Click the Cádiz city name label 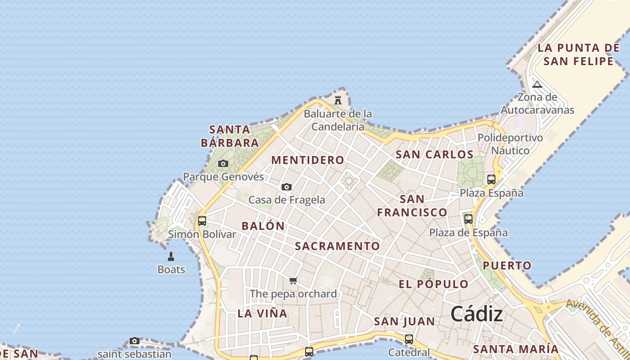477,314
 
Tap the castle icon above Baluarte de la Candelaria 338,100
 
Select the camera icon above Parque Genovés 223,164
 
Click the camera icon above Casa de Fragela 287,187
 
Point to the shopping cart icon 293,281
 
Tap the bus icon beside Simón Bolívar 202,221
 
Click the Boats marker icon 171,256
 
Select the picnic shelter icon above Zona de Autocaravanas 537,84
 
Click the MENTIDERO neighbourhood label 308,160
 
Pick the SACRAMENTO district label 337,246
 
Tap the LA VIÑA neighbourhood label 262,314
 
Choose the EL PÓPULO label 434,284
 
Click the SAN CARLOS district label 434,155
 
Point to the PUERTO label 507,265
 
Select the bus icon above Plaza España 491,180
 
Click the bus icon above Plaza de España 468,219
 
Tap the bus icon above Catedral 409,339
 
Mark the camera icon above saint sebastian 135,341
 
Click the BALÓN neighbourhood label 263,226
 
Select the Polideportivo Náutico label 510,144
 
